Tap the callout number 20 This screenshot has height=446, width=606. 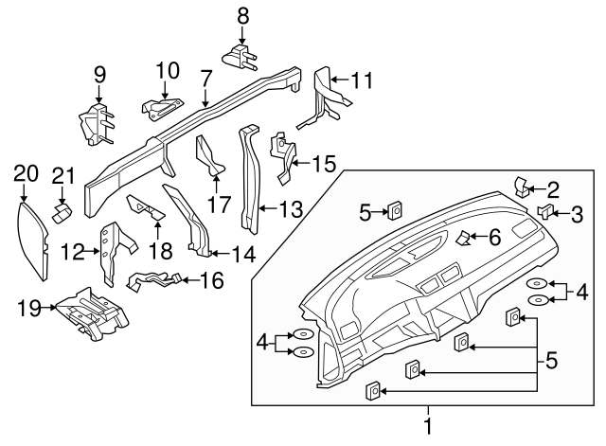click(26, 172)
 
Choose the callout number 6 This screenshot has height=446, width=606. click(493, 236)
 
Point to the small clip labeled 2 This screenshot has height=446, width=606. click(521, 184)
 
